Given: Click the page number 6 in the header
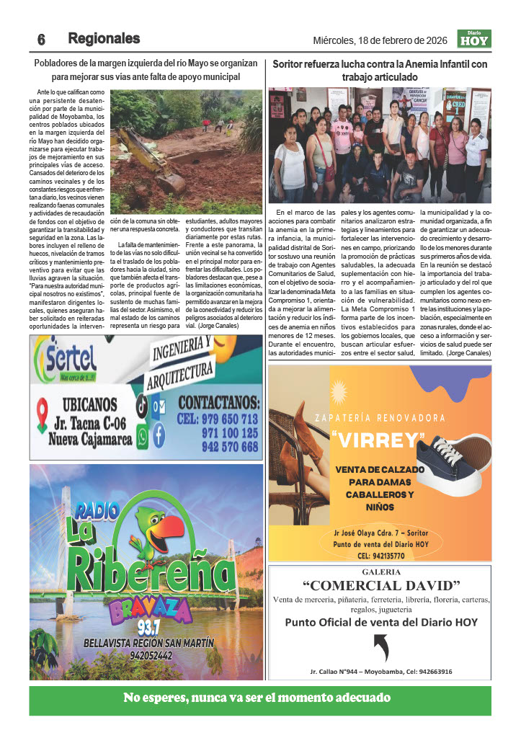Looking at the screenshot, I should [42, 39].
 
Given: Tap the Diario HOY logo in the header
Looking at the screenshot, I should [473, 39].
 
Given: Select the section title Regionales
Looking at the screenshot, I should [104, 38].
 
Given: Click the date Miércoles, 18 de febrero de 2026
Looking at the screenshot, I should [380, 40].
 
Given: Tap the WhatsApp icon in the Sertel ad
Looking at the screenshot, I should [142, 435].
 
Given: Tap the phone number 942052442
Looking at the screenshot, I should [137, 656].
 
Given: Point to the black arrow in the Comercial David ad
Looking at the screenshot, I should [382, 646].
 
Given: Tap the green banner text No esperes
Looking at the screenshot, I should [257, 698].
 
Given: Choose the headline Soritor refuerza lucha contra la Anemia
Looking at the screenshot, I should [380, 70].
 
